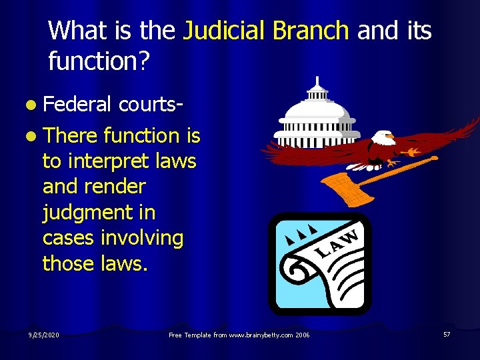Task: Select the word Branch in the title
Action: pos(310,31)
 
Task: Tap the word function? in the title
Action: pos(99,63)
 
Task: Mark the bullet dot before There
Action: pos(32,136)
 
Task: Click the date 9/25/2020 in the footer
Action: pos(44,334)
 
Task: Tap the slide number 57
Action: pos(447,333)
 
